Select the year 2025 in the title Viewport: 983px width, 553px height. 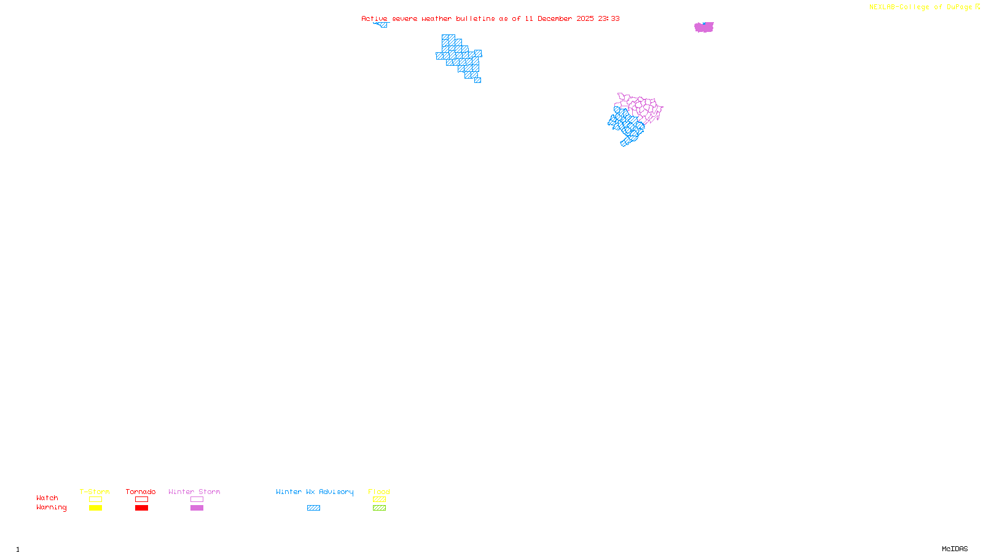(585, 19)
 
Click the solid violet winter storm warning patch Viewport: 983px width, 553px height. (704, 27)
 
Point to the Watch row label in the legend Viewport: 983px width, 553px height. (47, 498)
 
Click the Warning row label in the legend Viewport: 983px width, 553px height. (51, 508)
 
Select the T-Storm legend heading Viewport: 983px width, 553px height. (95, 492)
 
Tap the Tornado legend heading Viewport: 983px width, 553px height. (141, 492)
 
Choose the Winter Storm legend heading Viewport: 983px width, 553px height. (194, 492)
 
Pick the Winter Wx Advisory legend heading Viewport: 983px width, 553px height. (315, 492)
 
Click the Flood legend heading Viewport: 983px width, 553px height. (379, 492)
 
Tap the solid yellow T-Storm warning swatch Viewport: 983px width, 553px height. (95, 508)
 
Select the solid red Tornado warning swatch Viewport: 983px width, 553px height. (141, 508)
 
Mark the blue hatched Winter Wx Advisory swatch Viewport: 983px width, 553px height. (313, 508)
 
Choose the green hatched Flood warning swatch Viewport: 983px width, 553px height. (379, 508)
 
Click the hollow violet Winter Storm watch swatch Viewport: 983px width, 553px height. (197, 500)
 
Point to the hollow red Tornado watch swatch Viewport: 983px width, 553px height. (141, 500)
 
